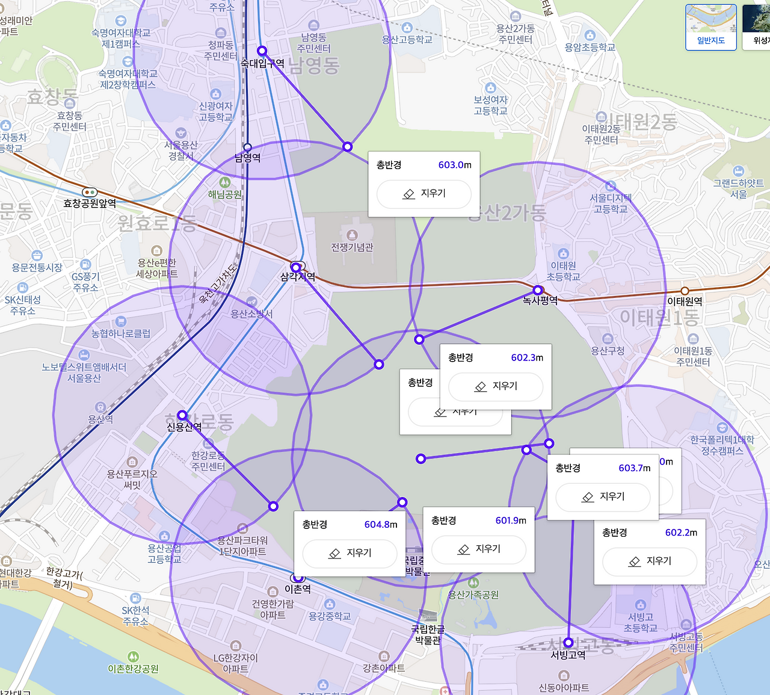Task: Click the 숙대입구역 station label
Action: tap(262, 63)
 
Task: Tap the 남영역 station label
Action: tap(247, 158)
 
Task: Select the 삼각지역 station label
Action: tap(298, 277)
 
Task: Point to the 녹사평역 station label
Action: tap(540, 300)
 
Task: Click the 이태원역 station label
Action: tap(685, 301)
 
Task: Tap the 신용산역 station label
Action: tap(184, 427)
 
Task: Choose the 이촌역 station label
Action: tap(298, 589)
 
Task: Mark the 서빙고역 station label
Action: tap(568, 654)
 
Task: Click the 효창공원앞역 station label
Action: tap(90, 203)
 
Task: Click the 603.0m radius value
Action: tap(455, 165)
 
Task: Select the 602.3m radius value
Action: tap(527, 357)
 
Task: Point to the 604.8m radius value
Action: tap(381, 525)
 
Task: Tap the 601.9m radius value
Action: tap(511, 520)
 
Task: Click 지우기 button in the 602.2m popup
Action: tap(650, 561)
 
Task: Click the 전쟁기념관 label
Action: tap(352, 247)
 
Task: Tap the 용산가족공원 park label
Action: tap(473, 595)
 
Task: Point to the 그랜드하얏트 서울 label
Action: tap(738, 188)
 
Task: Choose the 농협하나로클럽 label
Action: tap(121, 333)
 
